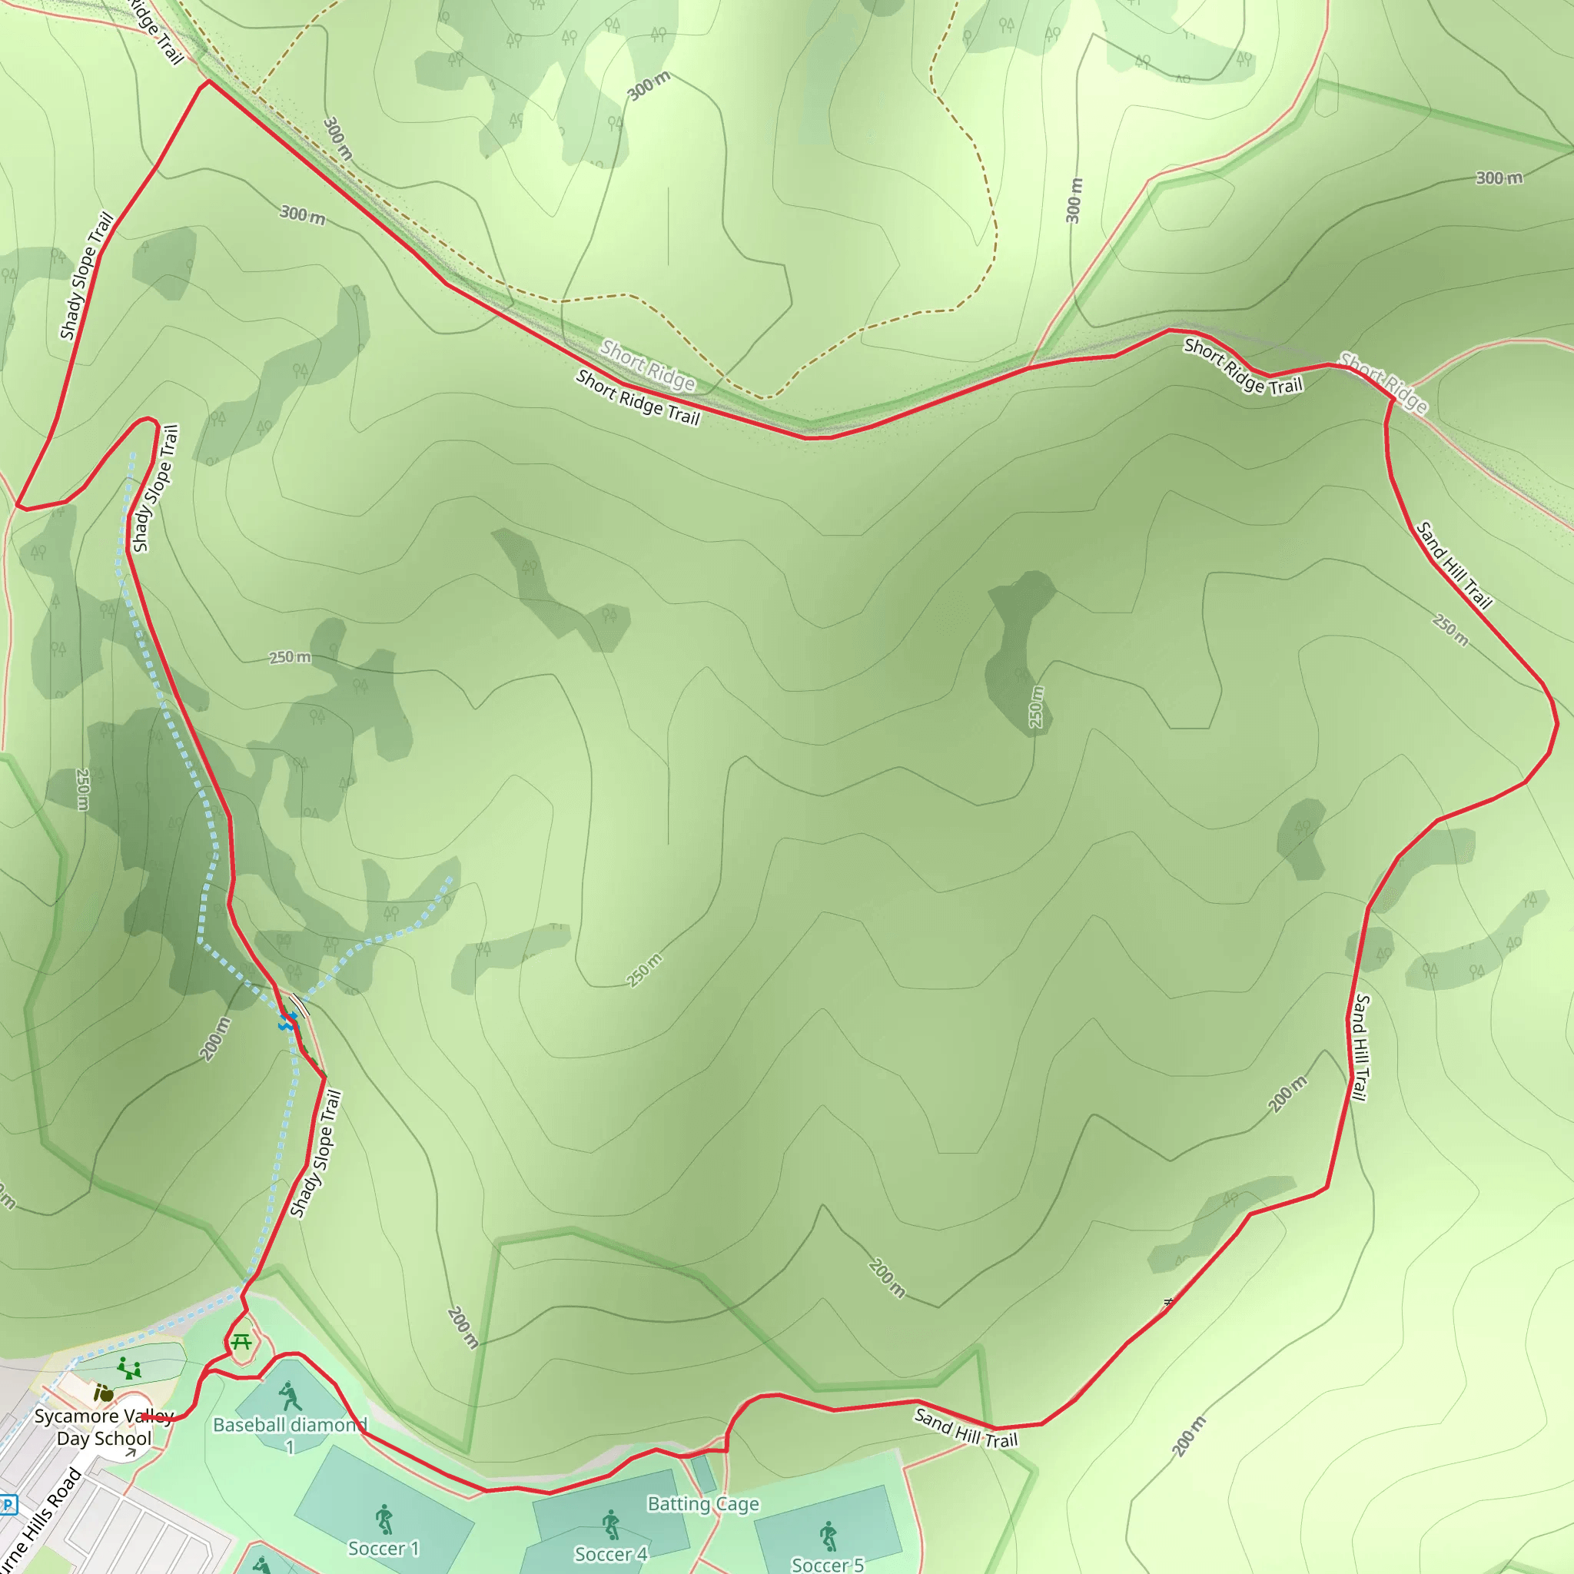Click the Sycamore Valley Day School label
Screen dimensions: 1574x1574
click(x=104, y=1426)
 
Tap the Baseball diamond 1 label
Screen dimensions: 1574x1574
click(x=289, y=1435)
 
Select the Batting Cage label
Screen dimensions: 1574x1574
click(x=703, y=1503)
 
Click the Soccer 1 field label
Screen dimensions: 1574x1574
click(x=383, y=1548)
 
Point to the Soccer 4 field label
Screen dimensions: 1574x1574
click(x=610, y=1553)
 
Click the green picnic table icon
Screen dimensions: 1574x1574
click(x=241, y=1341)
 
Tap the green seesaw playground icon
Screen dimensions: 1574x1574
click(x=128, y=1368)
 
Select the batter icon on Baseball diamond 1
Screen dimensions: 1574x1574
click(x=289, y=1397)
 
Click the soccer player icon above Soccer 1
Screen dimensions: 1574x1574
click(x=384, y=1519)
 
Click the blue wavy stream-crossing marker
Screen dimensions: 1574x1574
click(x=287, y=1021)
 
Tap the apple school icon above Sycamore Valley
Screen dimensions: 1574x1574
click(x=104, y=1394)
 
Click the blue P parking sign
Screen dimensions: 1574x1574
click(x=6, y=1504)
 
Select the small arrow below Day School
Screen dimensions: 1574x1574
click(x=131, y=1452)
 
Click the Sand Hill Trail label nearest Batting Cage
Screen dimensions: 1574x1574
click(x=965, y=1428)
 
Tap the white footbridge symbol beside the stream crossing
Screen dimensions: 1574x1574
click(x=300, y=1007)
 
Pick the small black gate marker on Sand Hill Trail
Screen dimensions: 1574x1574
click(x=1168, y=1303)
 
